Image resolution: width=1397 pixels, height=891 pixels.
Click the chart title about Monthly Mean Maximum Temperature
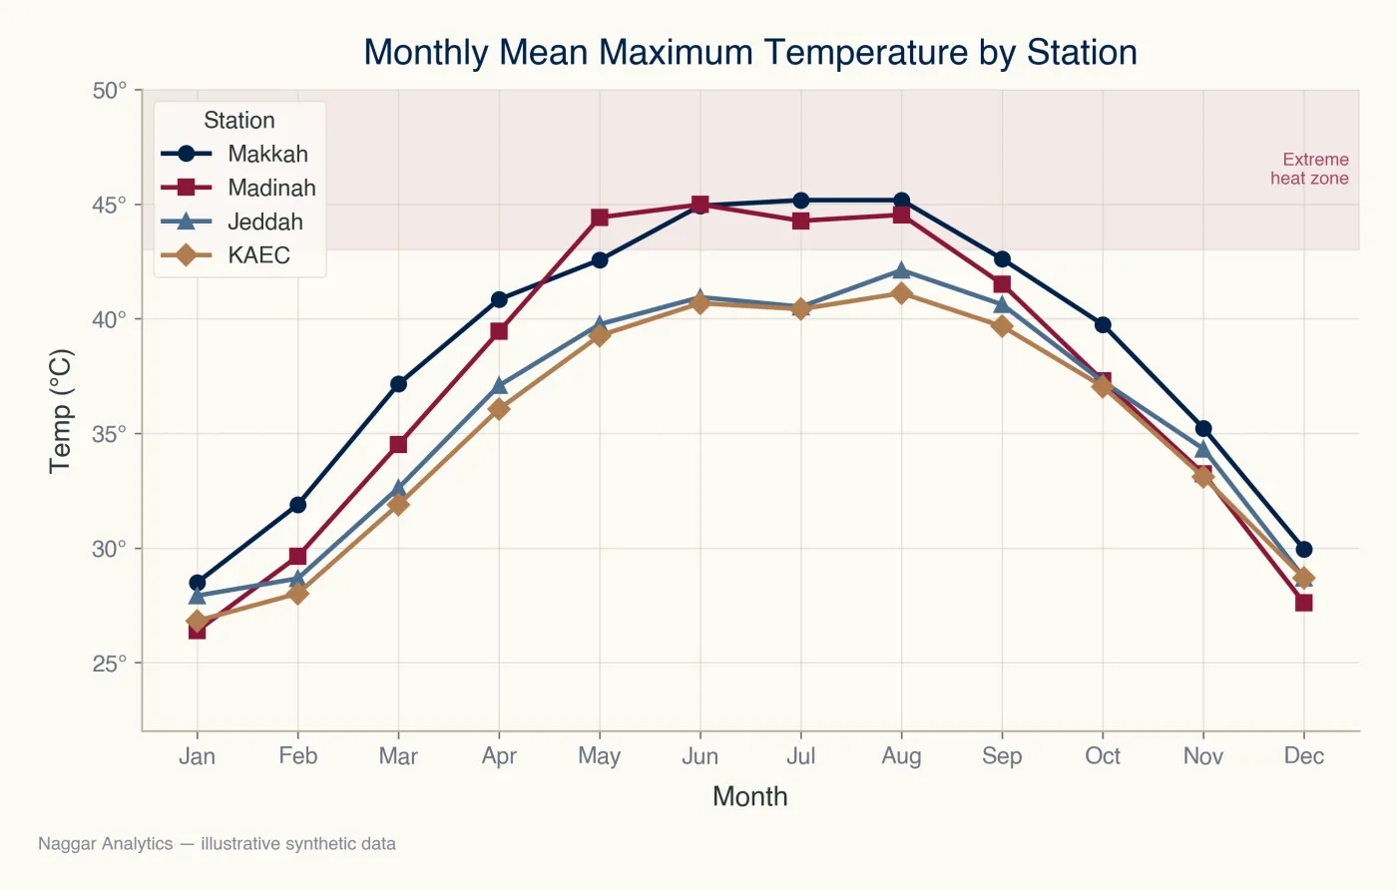750,52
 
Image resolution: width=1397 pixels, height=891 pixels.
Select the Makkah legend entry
234,154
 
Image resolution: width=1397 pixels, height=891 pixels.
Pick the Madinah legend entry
238,187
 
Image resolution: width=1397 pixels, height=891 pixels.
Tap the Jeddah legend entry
232,222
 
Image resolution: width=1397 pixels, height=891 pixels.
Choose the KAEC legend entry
226,255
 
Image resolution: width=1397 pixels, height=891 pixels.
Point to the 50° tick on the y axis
109,91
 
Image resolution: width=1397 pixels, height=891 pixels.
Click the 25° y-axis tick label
109,664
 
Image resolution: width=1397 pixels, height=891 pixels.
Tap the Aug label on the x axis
901,755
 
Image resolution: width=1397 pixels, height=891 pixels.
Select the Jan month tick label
198,755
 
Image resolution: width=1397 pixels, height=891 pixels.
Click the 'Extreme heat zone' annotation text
1309,169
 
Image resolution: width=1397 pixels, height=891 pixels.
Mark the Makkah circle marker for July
800,201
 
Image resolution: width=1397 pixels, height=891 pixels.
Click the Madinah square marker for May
600,218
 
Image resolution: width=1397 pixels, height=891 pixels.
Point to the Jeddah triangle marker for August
901,270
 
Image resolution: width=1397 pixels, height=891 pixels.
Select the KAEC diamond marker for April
499,409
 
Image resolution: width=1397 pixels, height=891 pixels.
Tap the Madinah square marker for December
1303,603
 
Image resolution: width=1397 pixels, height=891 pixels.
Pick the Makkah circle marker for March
398,384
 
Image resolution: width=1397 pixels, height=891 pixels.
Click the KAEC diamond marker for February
298,594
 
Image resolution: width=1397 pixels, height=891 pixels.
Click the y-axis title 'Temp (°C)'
61,411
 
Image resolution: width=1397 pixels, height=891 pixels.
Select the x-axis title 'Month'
750,797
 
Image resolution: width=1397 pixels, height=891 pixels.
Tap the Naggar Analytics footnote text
218,844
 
